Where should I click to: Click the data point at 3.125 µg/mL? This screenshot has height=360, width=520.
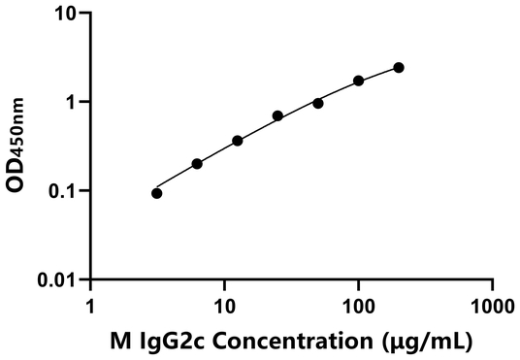coord(157,193)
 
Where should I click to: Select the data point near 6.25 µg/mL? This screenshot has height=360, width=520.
coord(197,164)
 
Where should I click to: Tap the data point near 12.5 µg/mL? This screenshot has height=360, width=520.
coord(238,141)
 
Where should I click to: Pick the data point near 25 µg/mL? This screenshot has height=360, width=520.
coord(277,115)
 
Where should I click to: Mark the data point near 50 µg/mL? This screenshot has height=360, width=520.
coord(318,103)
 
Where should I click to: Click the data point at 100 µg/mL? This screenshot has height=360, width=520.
coord(359,81)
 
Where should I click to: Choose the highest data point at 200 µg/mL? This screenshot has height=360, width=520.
coord(399,68)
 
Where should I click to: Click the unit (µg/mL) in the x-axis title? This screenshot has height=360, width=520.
coord(418,341)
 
